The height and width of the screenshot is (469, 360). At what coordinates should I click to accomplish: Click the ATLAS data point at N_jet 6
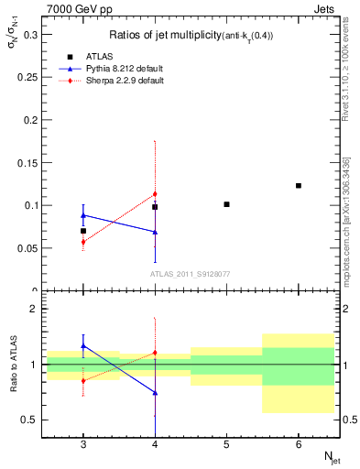(x=299, y=186)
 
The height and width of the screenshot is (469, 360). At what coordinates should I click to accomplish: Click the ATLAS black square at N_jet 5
(x=226, y=204)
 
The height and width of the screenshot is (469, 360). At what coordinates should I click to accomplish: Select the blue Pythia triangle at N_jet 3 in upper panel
(x=83, y=215)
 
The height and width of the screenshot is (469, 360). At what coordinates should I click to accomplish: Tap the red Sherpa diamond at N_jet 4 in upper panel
(x=155, y=194)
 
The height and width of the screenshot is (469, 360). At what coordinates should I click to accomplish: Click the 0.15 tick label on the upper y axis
(x=27, y=162)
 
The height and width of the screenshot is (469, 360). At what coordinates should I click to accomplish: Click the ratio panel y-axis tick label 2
(x=34, y=309)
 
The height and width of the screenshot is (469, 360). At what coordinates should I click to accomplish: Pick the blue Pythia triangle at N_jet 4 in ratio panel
(x=155, y=392)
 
